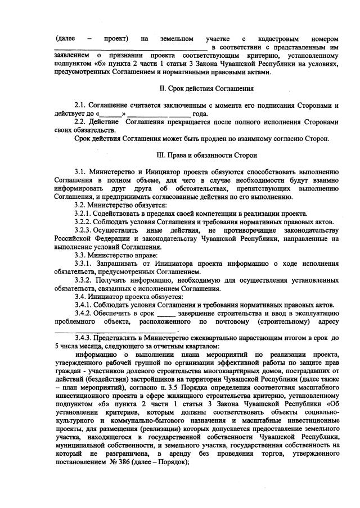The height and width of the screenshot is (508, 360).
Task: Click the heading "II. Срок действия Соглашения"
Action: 206,89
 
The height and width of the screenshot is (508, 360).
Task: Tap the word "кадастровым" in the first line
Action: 278,39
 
